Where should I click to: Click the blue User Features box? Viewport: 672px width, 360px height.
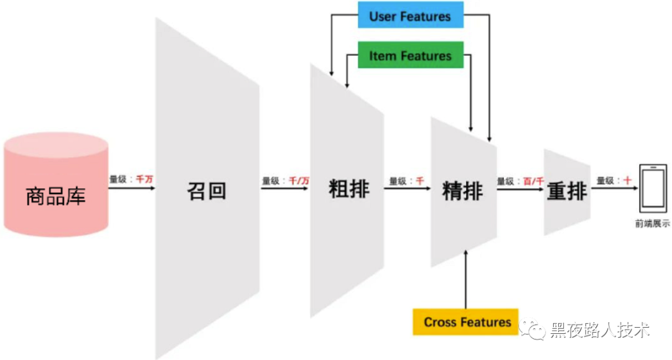pos(410,16)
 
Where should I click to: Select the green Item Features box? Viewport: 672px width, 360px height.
pos(410,55)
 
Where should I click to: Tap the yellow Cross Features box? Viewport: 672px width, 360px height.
pos(466,321)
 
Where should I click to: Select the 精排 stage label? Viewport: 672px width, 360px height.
pos(462,191)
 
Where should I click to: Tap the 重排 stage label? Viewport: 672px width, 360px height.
pos(566,192)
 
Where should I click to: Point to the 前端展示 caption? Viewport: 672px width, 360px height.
pos(652,224)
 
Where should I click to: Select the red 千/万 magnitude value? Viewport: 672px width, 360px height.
pos(300,181)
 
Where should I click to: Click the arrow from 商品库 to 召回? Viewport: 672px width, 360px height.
pos(131,187)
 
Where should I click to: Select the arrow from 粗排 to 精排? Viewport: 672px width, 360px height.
pos(408,188)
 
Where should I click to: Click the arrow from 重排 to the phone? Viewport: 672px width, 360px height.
pos(614,188)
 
